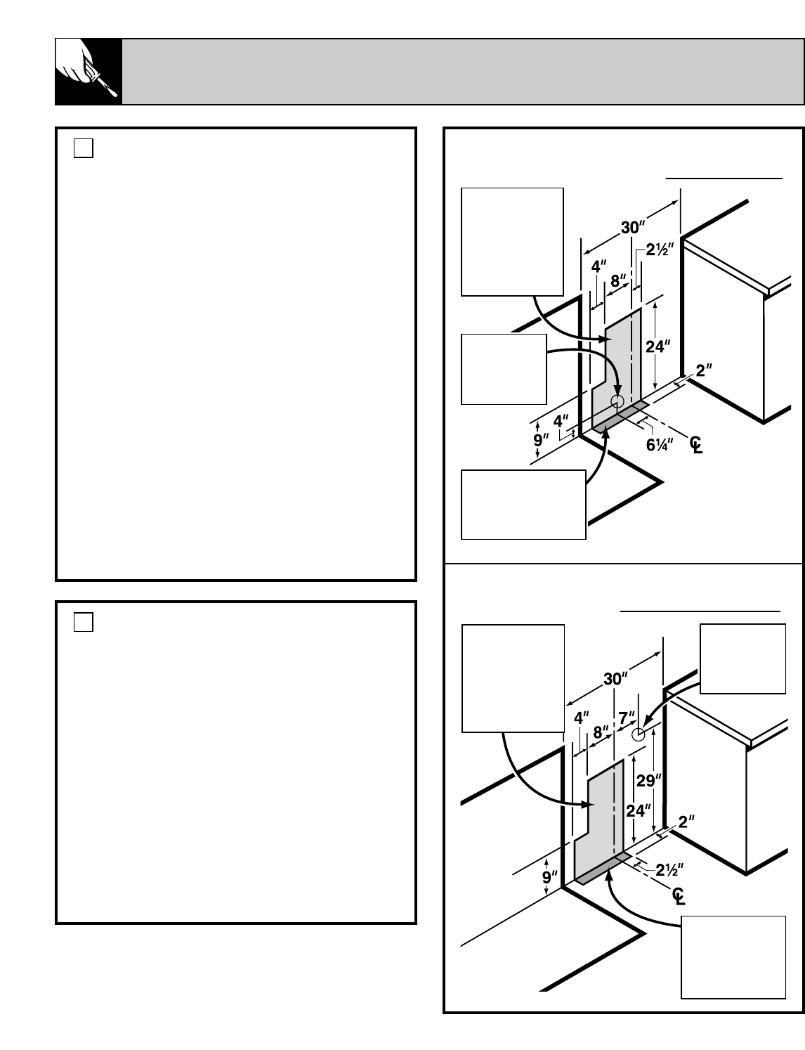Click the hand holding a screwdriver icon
(x=89, y=72)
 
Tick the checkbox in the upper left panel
(x=84, y=148)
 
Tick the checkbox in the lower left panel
(x=84, y=622)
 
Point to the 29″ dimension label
(x=648, y=781)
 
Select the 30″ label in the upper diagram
(x=633, y=228)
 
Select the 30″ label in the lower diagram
(x=615, y=679)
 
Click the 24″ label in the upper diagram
(x=658, y=346)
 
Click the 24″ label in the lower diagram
(x=638, y=810)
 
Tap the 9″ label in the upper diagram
(x=541, y=441)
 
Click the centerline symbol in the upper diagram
(x=695, y=445)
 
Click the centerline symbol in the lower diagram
(x=678, y=896)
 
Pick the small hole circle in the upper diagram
(x=617, y=401)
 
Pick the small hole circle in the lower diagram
(x=638, y=734)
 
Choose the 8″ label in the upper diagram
(x=618, y=280)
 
